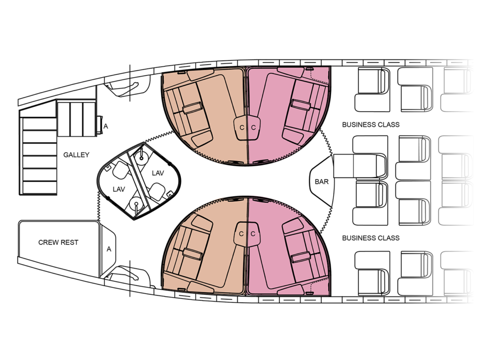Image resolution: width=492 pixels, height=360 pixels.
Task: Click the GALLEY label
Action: pyautogui.click(x=76, y=154)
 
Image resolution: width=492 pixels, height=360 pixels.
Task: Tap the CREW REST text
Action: pyautogui.click(x=59, y=242)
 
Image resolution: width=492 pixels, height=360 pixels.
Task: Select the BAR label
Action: pyautogui.click(x=322, y=181)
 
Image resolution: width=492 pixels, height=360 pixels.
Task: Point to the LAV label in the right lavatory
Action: pyautogui.click(x=158, y=173)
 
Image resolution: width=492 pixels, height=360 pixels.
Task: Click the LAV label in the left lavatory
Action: pyautogui.click(x=119, y=189)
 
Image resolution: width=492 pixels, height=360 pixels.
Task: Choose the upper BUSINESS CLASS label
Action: pyautogui.click(x=371, y=124)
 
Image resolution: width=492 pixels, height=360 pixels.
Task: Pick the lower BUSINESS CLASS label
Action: pyautogui.click(x=371, y=238)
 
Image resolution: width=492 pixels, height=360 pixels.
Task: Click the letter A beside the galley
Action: pyautogui.click(x=106, y=126)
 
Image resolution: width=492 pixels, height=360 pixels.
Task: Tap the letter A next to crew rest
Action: pyautogui.click(x=109, y=249)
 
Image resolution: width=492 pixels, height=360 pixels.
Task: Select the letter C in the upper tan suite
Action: pyautogui.click(x=242, y=128)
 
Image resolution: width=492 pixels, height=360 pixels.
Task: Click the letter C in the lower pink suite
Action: pyautogui.click(x=253, y=234)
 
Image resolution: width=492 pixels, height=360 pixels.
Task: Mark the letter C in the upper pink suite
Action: pyautogui.click(x=253, y=128)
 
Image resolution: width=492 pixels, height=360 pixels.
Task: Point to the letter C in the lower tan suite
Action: pyautogui.click(x=241, y=234)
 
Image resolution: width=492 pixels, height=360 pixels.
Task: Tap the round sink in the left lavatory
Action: pyautogui.click(x=136, y=204)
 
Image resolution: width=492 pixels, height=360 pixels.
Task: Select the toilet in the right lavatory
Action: pyautogui.click(x=157, y=191)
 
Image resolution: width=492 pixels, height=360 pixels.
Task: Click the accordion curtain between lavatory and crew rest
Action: pyautogui.click(x=98, y=206)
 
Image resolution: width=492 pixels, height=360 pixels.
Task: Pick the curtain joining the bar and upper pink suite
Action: pyautogui.click(x=326, y=141)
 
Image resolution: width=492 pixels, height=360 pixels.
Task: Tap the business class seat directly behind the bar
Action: pyautogui.click(x=360, y=166)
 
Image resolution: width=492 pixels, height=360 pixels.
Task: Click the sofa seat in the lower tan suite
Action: pyautogui.click(x=186, y=251)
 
